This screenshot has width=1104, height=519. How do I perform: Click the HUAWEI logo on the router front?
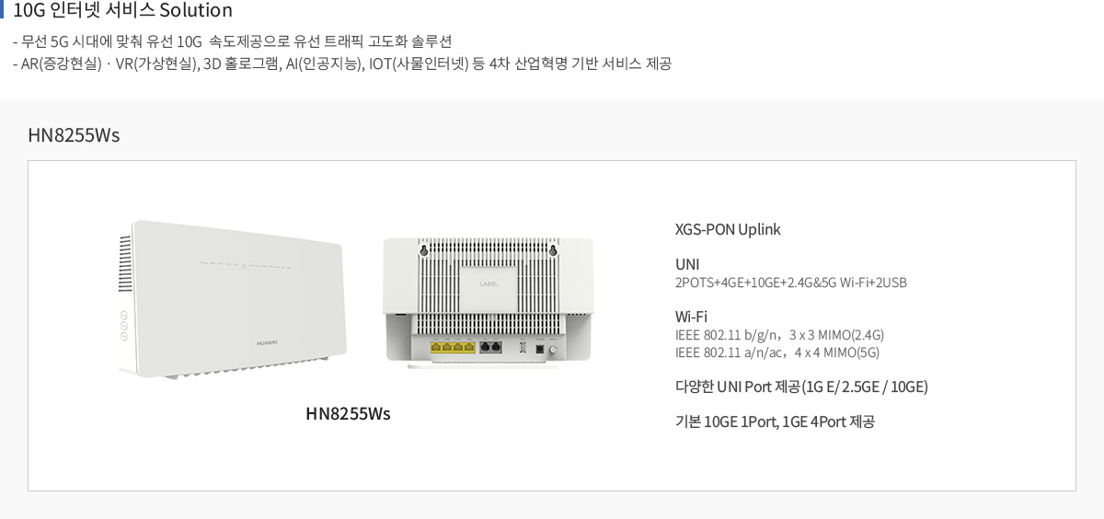click(267, 343)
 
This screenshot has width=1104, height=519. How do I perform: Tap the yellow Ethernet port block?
click(453, 348)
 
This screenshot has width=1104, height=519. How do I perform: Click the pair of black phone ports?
click(491, 348)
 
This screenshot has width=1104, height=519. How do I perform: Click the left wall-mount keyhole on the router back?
click(423, 251)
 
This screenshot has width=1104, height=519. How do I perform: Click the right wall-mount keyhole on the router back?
click(553, 251)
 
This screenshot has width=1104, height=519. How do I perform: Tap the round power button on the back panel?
click(553, 350)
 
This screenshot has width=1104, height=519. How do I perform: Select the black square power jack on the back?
click(540, 349)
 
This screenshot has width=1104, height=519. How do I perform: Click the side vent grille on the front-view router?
click(125, 264)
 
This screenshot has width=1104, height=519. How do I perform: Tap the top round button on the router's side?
click(123, 315)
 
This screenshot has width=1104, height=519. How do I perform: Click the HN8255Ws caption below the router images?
click(348, 413)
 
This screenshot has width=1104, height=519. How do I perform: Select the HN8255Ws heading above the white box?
click(74, 135)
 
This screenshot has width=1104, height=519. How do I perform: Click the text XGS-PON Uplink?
click(728, 230)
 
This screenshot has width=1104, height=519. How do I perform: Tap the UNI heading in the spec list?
click(687, 265)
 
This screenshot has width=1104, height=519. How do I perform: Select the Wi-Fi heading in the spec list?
click(691, 317)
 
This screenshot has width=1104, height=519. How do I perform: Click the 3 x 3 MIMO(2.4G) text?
click(836, 335)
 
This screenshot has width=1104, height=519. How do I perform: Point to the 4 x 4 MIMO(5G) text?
click(837, 352)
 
